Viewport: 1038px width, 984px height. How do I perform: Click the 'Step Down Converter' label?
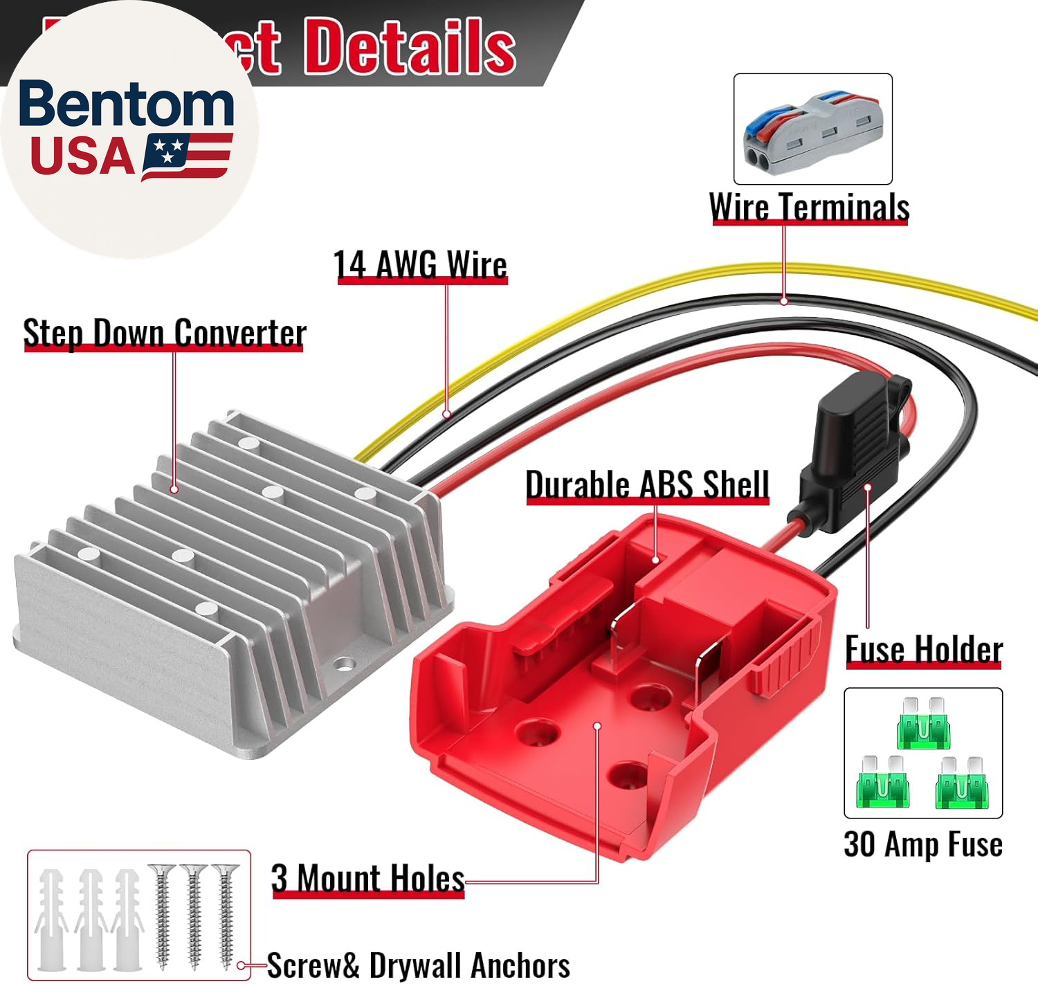164,333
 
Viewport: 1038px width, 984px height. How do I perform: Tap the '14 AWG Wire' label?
420,265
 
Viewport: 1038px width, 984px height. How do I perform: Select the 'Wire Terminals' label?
809,207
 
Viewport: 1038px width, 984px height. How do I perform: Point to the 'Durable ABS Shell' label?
647,484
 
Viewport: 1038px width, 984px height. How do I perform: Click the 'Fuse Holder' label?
924,650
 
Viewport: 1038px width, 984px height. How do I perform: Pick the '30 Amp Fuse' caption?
923,844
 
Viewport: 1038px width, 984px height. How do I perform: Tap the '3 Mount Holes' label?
367,879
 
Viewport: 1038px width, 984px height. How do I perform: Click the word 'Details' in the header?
410,46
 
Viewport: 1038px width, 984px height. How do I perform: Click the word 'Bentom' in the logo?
126,104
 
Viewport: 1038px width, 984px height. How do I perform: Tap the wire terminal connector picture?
812,129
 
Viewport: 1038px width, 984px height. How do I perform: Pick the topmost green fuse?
923,724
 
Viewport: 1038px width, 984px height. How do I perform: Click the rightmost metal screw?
226,913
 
